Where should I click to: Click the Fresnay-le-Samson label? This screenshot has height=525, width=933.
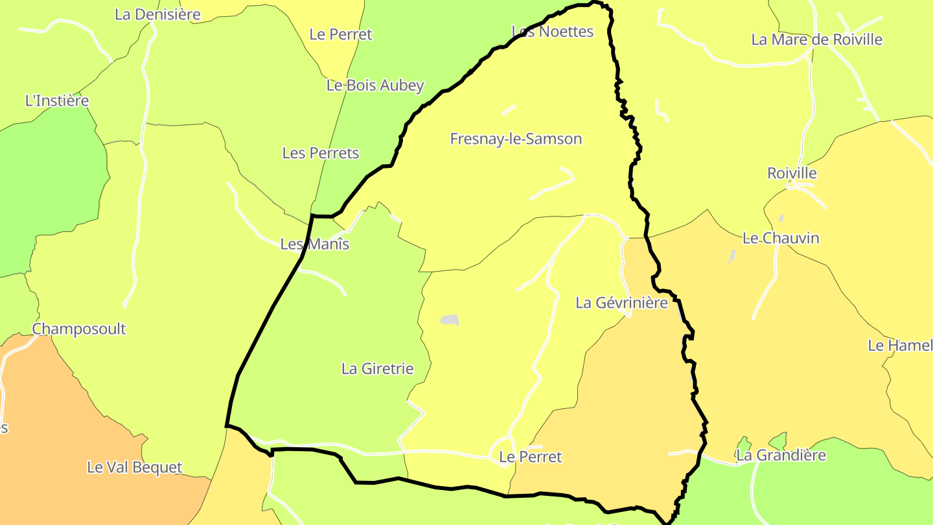tap(516, 139)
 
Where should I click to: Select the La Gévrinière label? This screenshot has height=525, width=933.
tap(621, 303)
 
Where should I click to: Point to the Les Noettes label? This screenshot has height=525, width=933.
tap(552, 31)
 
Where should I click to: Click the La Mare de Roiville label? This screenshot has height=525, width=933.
tap(816, 40)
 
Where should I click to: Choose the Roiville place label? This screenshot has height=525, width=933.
tap(792, 173)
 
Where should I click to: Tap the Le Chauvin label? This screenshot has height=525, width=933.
tap(781, 238)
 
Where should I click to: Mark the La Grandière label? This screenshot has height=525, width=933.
tap(781, 455)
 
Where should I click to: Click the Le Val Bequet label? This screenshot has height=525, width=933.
tap(134, 467)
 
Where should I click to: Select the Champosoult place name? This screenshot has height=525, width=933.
tap(79, 329)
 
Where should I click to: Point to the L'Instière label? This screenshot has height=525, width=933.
tap(56, 100)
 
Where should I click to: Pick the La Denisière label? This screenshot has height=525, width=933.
tap(157, 14)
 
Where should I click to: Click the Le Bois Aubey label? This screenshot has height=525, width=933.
tap(375, 85)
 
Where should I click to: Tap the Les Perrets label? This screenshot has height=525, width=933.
tap(320, 153)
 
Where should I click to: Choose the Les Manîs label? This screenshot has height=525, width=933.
tap(315, 244)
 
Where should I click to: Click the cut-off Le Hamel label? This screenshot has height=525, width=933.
tap(900, 345)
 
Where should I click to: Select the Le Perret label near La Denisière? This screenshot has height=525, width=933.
tap(341, 34)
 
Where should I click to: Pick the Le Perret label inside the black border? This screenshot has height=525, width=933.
tap(531, 457)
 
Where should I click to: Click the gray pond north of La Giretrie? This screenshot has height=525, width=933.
tap(450, 320)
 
